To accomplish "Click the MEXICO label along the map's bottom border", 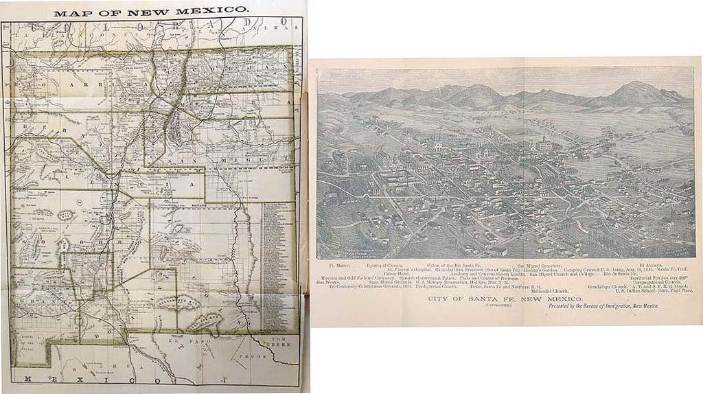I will click(x=103, y=380).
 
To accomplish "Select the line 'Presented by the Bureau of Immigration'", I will click(x=603, y=307).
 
